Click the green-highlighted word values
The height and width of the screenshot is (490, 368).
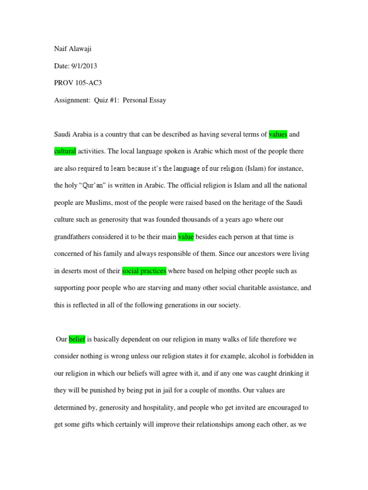pos(278,134)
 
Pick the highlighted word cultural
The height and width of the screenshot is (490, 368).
pos(65,151)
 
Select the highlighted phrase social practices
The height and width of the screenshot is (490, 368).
pos(144,271)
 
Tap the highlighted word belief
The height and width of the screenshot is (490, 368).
pos(77,339)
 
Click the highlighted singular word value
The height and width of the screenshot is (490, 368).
pos(185,236)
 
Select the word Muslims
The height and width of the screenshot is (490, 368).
pos(97,202)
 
